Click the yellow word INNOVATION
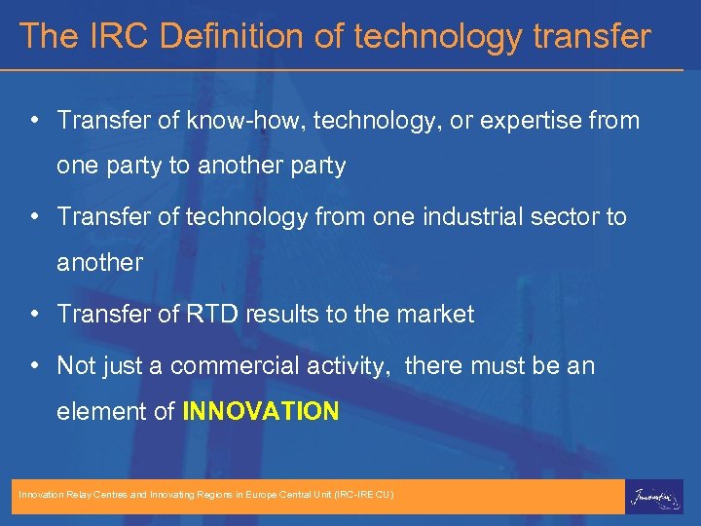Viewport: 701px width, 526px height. point(261,411)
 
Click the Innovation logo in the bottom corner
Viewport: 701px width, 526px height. point(653,496)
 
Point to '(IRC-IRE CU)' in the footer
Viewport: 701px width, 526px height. point(363,496)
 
